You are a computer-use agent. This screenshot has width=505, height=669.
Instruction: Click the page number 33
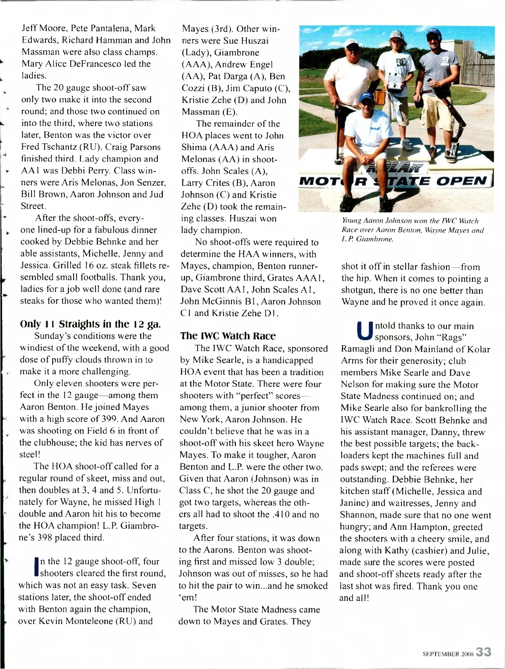coord(484,652)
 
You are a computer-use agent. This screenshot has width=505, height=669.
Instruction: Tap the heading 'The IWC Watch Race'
coord(228,336)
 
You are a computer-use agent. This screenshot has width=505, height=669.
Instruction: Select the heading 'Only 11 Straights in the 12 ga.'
coord(90,324)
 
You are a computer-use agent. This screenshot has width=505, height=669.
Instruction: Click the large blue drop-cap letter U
coord(364,331)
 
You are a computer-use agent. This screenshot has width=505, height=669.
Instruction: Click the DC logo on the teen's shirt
coord(400,62)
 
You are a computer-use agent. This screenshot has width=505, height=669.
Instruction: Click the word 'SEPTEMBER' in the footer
coord(441,654)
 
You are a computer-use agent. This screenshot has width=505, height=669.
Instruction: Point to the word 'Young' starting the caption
coord(351,221)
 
